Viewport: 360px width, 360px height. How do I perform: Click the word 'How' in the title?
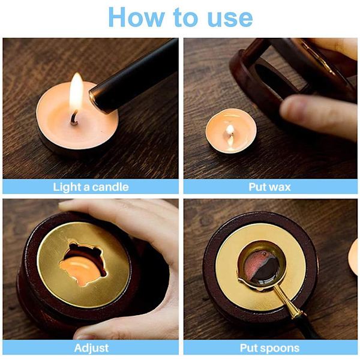pos(136,17)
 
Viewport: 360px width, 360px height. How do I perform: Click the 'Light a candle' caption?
pos(91,187)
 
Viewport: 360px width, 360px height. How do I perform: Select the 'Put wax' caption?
pos(270,187)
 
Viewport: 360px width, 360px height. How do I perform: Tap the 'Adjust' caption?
pos(91,348)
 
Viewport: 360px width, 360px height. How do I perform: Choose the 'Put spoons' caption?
pos(269,348)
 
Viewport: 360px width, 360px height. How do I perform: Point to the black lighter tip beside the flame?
pos(98,99)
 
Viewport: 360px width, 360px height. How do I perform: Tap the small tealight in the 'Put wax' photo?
pos(231,130)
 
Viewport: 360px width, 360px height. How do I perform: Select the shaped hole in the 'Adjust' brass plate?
pos(83,264)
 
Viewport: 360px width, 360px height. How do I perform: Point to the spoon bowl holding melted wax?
pos(262,265)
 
